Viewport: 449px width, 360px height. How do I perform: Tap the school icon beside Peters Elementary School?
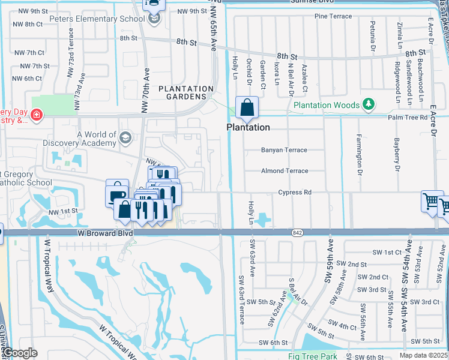pos(155,19)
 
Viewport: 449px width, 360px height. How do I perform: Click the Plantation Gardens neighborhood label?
pos(186,92)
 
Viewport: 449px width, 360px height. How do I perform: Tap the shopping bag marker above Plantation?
pos(247,109)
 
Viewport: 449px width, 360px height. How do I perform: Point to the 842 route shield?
pos(297,232)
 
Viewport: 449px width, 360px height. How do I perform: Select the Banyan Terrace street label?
pos(284,150)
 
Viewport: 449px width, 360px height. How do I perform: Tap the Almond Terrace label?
pos(285,171)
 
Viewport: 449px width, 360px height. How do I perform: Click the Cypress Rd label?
pos(295,193)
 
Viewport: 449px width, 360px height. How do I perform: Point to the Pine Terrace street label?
pos(333,16)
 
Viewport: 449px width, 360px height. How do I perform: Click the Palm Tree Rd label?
pos(424,118)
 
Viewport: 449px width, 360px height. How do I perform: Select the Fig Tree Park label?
pos(312,356)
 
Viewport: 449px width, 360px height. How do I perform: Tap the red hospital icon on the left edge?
pos(37,113)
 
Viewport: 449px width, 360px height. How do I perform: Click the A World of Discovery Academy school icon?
pos(125,138)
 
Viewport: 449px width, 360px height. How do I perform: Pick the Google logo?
pos(19,353)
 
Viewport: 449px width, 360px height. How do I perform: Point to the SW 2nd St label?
pos(351,264)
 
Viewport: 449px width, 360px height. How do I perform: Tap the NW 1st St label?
pos(64,211)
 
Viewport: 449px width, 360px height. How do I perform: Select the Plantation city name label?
pos(248,127)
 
